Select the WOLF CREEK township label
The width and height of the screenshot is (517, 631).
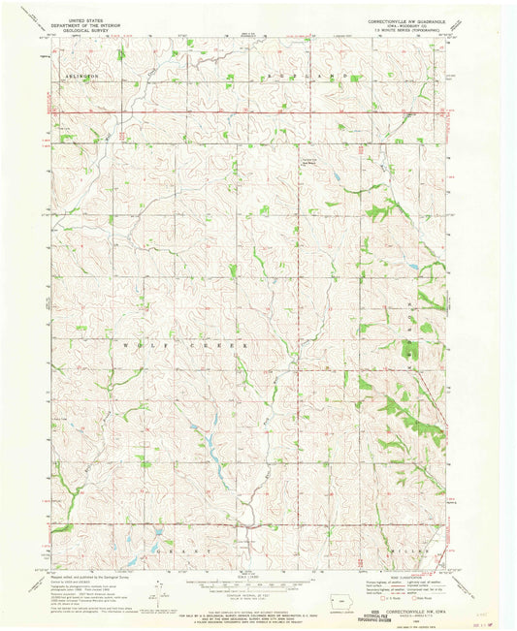pos(184,343)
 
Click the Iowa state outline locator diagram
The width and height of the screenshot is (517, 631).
pos(333,602)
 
